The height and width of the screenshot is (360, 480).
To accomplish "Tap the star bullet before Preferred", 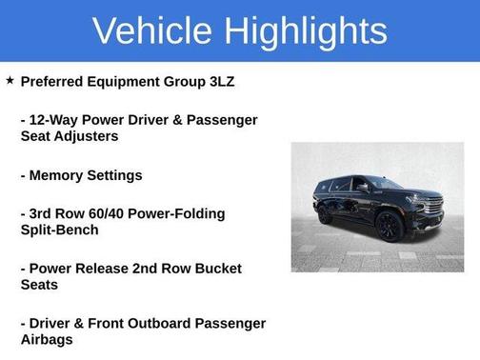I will (x=10, y=81).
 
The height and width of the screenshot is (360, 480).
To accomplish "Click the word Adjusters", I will (x=87, y=136).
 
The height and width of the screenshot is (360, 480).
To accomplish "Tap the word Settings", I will (x=116, y=175).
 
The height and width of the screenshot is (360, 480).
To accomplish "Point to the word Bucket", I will (x=218, y=269).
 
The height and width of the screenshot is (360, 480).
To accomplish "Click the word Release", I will (x=106, y=269).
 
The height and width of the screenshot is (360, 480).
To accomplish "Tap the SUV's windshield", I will (x=390, y=184).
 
